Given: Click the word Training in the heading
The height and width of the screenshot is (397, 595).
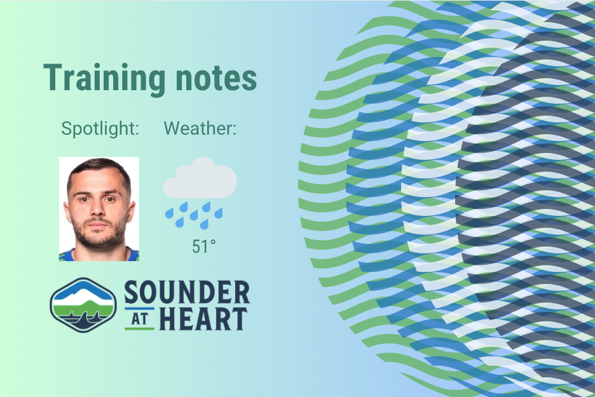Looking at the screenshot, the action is pos(104,79).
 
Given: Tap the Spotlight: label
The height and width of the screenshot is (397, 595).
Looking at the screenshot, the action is pos(100,128).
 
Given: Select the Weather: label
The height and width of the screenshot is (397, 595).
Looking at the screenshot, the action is pos(200,128).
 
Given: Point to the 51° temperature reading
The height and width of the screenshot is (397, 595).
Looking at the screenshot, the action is pos(204,246).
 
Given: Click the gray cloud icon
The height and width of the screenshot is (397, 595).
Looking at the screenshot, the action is pos(200,178).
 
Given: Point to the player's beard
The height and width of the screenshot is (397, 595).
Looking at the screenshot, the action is pos(99,235).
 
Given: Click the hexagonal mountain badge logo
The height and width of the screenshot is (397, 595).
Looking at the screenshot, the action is pos(83,305).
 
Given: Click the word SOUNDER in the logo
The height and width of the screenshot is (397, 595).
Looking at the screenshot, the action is pos(187,292).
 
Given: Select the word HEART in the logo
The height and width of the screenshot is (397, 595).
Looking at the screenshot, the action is pos(203,319).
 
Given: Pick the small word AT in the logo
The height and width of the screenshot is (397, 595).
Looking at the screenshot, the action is pos(139,319).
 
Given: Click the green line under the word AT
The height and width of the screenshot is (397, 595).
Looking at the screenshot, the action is pos(139,328).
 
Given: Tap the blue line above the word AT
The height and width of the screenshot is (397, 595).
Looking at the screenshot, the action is pos(139,309).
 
